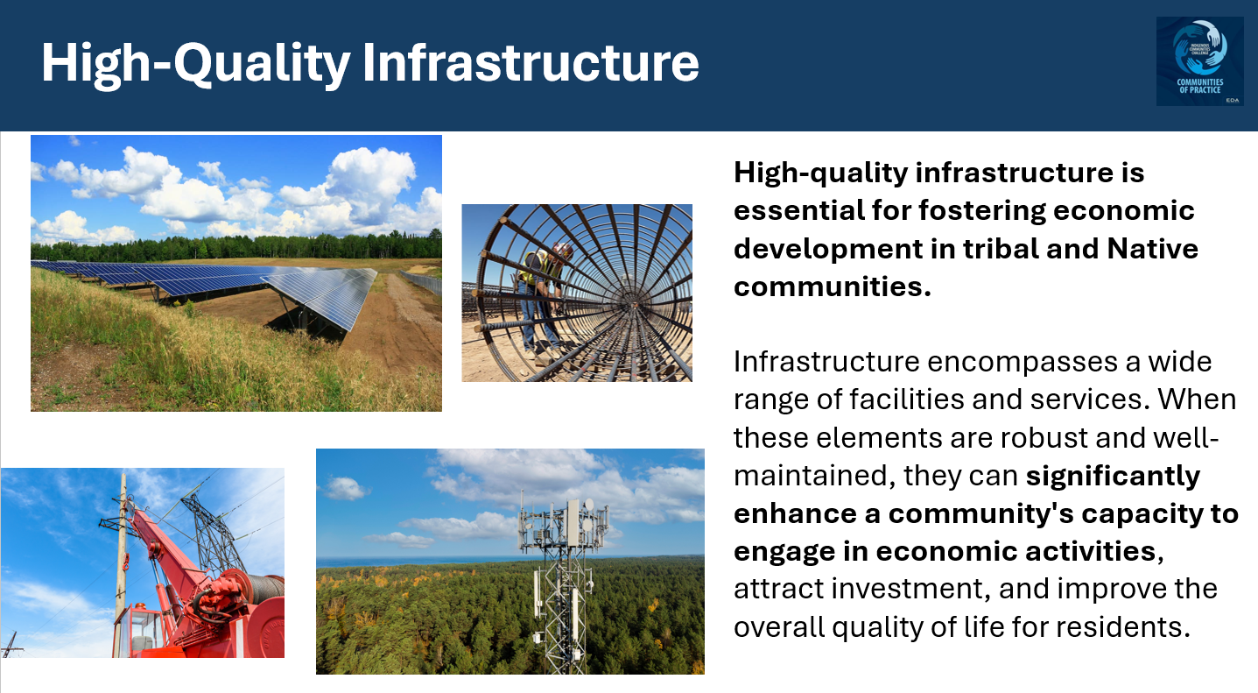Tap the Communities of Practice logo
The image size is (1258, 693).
[1199, 61]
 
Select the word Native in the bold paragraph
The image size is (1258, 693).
[1153, 249]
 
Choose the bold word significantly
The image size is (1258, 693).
[1113, 476]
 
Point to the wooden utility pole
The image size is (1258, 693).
[122, 561]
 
